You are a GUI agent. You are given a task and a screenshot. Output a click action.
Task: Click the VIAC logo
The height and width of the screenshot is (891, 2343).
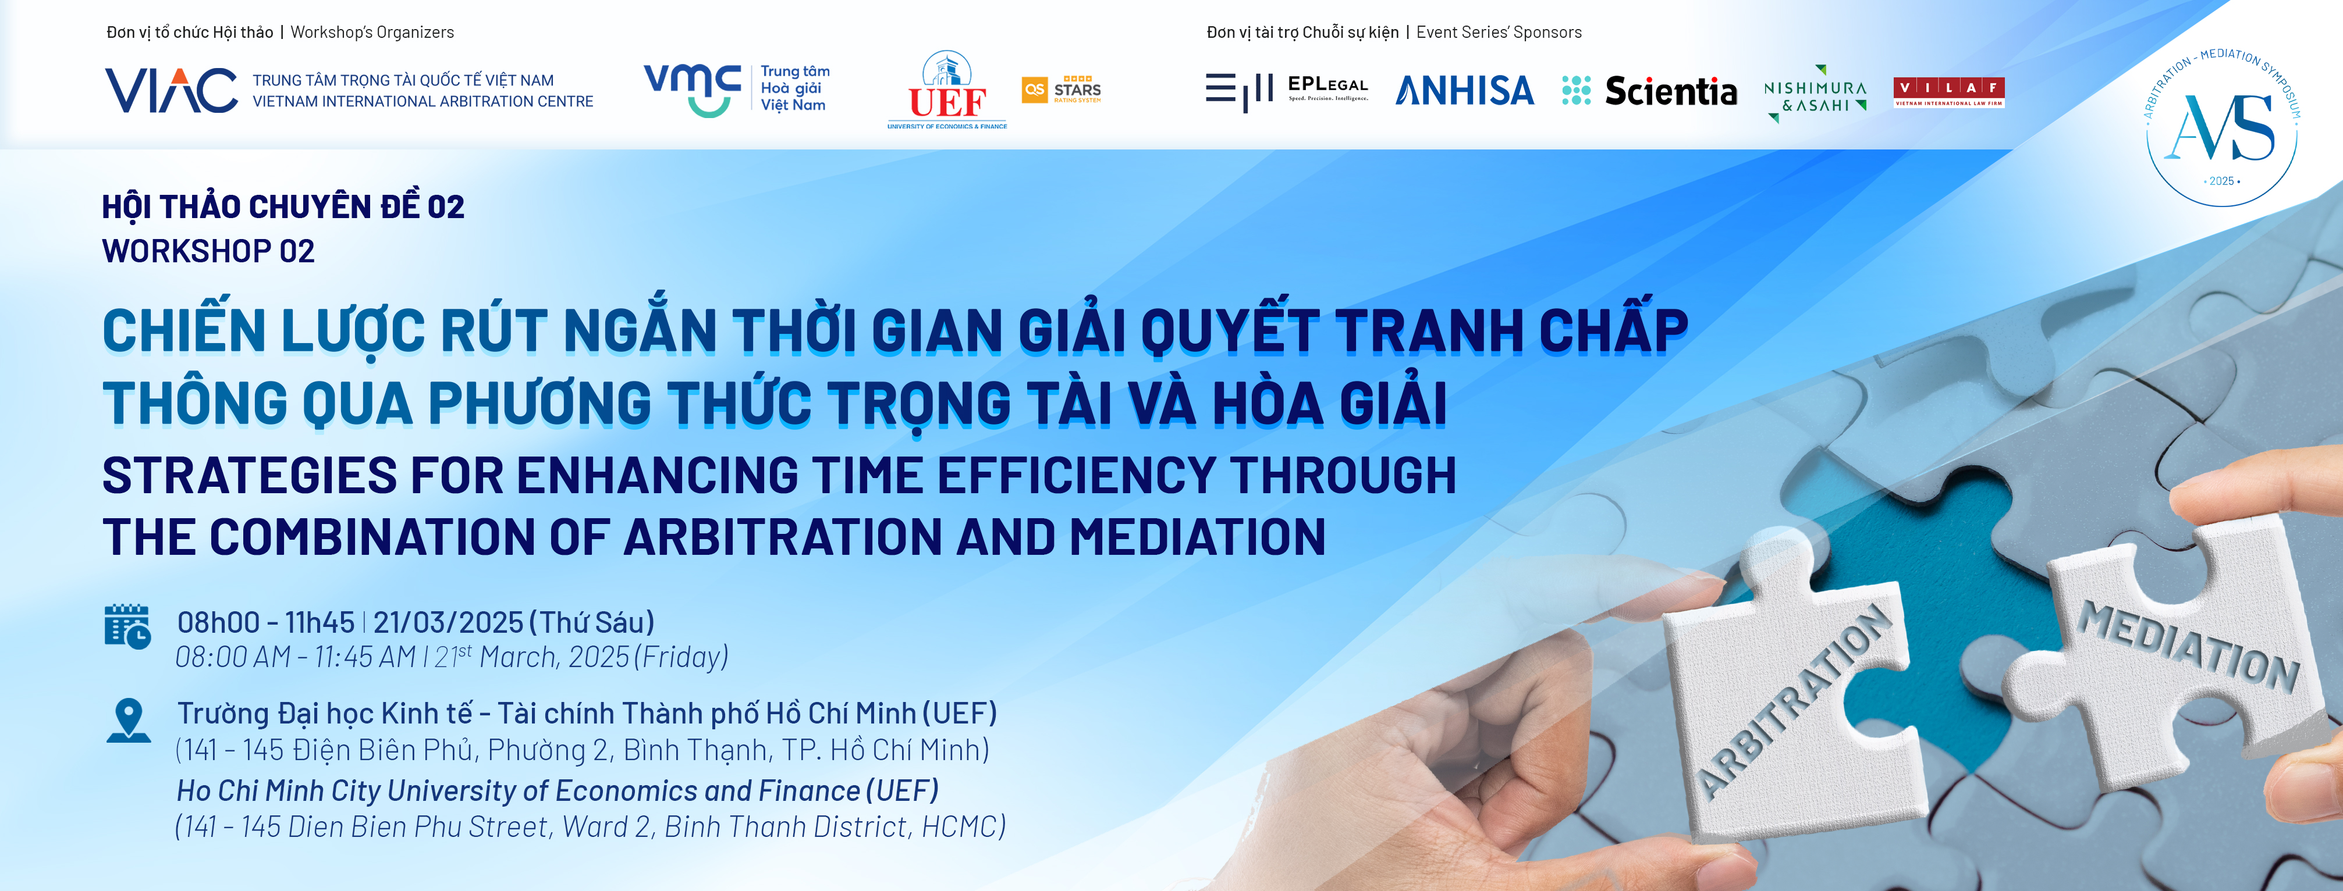point(349,90)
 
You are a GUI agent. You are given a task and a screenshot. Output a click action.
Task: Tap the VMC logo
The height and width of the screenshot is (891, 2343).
point(737,89)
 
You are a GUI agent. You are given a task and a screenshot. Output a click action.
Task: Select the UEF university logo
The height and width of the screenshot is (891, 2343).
point(947,89)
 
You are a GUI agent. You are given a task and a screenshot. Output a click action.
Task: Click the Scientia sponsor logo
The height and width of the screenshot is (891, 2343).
point(1649,90)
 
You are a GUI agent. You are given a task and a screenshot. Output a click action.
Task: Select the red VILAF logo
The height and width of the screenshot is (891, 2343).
point(1948,92)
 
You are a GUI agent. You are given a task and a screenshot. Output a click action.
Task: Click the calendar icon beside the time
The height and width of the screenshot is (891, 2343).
point(127,626)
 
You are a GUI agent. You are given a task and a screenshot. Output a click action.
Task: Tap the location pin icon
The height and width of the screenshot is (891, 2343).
point(128,720)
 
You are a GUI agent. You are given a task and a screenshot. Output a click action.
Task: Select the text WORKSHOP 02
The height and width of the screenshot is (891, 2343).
point(208,251)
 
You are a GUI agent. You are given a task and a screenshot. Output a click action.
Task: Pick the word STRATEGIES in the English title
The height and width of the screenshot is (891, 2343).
point(250,476)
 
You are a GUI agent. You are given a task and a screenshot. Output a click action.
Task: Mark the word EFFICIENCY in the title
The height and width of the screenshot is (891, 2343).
point(1077,476)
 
